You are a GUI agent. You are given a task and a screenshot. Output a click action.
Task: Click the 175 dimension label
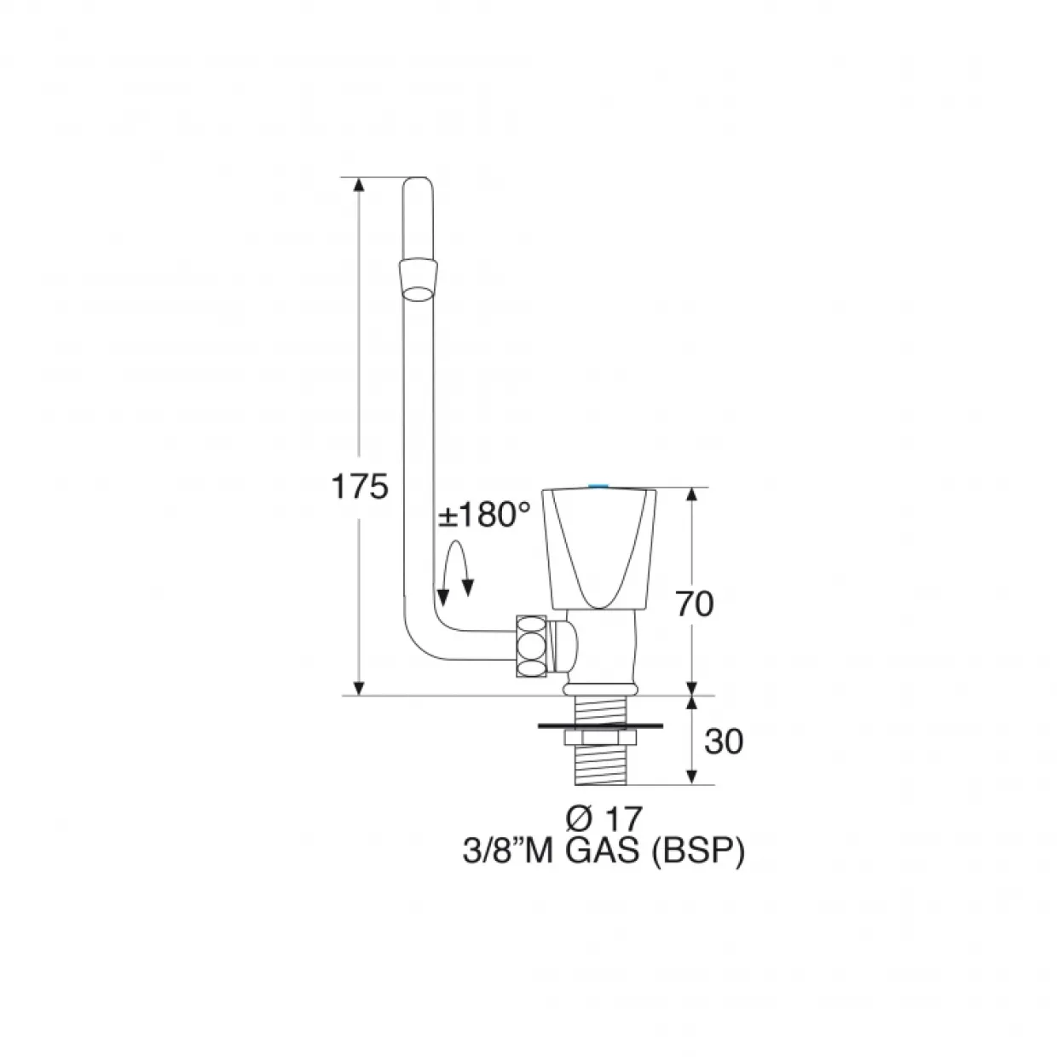click(359, 487)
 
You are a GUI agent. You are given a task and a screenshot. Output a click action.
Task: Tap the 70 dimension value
click(694, 604)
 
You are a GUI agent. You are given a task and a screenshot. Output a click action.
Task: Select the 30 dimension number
click(723, 742)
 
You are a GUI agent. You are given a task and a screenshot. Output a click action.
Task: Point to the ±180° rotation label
click(484, 515)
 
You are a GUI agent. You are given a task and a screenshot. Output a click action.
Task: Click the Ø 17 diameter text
click(603, 819)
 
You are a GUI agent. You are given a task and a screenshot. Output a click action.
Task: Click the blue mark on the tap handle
click(598, 486)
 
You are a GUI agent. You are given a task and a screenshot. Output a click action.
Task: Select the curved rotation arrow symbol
click(456, 572)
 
